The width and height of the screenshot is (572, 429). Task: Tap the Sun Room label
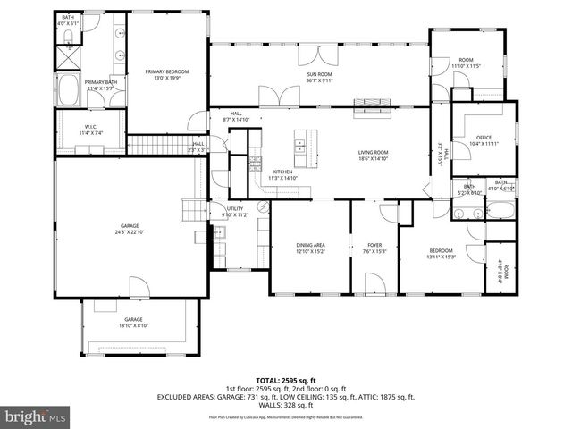click(319, 75)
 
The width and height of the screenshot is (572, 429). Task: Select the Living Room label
click(373, 153)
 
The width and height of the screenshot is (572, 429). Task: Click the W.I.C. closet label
click(91, 127)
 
